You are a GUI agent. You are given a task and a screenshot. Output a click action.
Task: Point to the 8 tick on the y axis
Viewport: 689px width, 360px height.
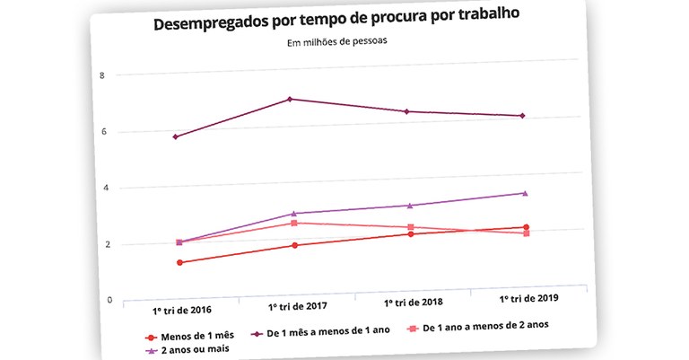click(x=103, y=75)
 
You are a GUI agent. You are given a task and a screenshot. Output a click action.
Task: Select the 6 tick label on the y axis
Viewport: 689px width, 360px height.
click(x=103, y=132)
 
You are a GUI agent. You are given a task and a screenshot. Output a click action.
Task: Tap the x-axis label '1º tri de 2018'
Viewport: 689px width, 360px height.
click(x=413, y=302)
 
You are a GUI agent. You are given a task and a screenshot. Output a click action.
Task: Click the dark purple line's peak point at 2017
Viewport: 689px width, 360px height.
click(x=289, y=99)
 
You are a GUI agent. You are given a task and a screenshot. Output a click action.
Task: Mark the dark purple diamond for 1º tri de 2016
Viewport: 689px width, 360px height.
click(x=176, y=136)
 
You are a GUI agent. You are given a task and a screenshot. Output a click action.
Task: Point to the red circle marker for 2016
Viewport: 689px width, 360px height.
click(x=179, y=262)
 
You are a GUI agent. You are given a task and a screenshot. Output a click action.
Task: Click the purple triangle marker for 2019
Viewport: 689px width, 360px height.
click(x=525, y=193)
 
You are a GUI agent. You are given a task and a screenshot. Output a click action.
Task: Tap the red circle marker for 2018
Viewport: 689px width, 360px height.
click(x=411, y=233)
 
